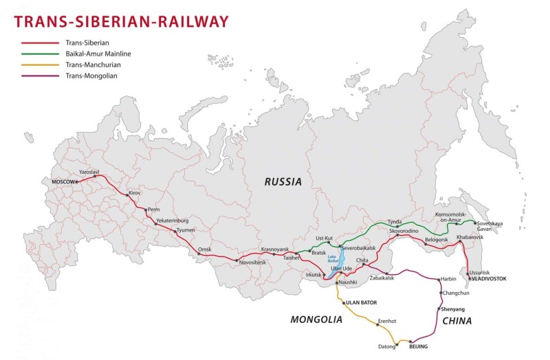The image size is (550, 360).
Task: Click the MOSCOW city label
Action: point(63,182)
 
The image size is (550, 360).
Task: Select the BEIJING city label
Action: point(418,347)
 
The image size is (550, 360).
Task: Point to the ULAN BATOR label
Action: point(362,302)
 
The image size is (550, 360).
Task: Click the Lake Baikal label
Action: point(333,260)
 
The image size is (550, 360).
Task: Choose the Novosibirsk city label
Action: point(254,262)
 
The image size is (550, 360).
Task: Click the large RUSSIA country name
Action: point(283,182)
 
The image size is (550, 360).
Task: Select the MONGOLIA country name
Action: point(316,319)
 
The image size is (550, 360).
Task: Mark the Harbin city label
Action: point(448,279)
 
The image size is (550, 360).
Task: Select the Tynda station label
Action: point(395,221)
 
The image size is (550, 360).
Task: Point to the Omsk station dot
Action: point(199,254)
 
